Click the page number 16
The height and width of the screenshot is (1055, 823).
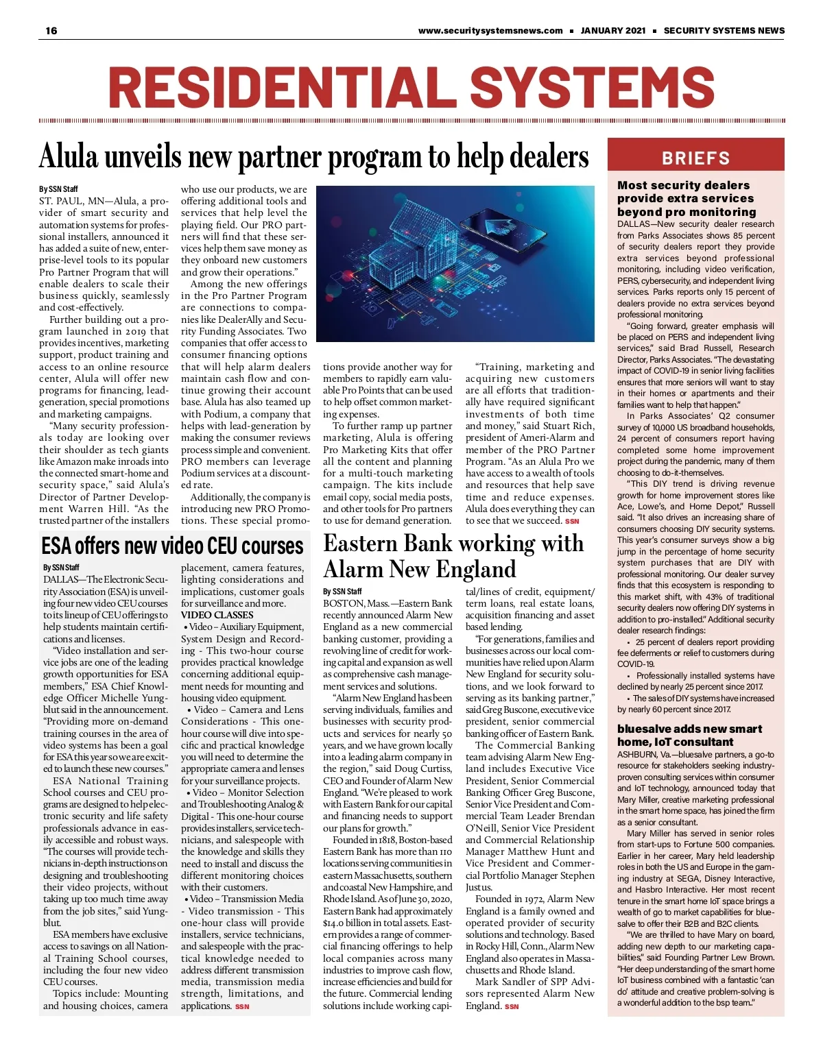coord(51,30)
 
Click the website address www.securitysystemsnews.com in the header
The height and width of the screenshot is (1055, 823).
coord(490,30)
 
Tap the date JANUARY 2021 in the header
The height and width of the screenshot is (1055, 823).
coord(612,30)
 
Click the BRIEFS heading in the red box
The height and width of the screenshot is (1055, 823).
coord(695,158)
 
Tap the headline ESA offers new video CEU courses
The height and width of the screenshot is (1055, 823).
coord(172,546)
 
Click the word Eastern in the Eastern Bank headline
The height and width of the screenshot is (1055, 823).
coord(360,544)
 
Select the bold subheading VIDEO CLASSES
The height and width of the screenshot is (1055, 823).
coord(217,615)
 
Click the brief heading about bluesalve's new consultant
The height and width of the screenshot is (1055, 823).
coord(689,735)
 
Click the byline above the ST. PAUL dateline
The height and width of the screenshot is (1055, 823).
coord(58,189)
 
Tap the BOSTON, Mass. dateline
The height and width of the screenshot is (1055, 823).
coord(356,603)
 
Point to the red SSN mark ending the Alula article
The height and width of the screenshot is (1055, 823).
coord(571,521)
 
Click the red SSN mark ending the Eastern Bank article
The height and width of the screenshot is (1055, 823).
coord(512,1006)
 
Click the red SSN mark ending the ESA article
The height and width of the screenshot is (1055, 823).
coord(242,1006)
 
